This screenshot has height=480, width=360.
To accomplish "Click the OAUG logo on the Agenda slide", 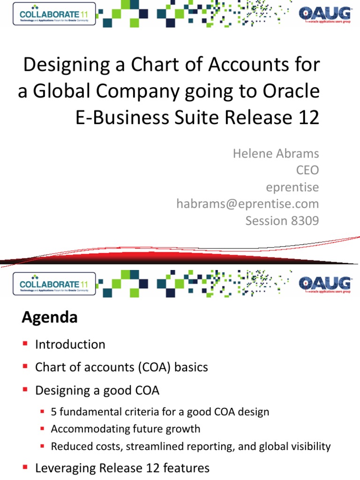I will tap(324, 284).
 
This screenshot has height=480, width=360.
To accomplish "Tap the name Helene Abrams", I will tap(276, 154).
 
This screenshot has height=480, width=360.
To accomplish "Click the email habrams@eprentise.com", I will tap(247, 203).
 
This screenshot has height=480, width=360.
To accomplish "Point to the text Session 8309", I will tap(282, 220).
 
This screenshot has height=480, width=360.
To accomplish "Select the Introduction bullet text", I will tap(70, 345).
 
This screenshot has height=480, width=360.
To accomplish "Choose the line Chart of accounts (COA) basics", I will tap(121, 367).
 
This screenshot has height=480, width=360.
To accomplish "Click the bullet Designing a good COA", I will tap(100, 390).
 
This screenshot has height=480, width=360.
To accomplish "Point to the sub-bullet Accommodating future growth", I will tap(126, 429).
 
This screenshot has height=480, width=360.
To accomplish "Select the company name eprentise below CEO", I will tap(292, 187).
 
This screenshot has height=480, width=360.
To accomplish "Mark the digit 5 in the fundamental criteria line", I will tap(54, 412).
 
